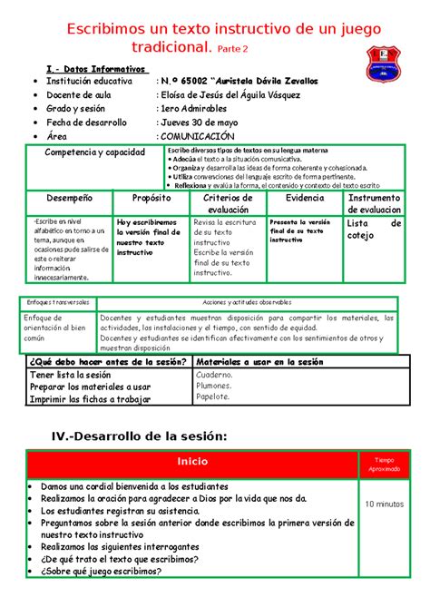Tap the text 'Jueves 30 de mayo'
pyautogui.click(x=202, y=122)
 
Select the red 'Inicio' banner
pyautogui.click(x=191, y=462)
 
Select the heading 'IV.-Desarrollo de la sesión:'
pyautogui.click(x=138, y=436)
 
